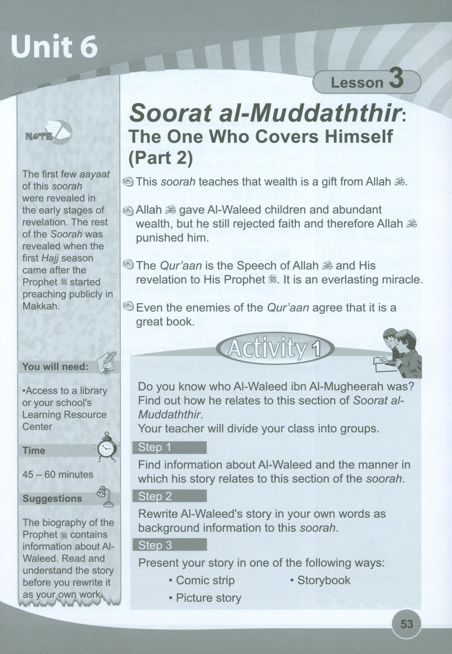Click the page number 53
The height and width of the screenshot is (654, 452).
point(407,624)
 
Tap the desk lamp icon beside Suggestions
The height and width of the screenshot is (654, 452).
point(105,496)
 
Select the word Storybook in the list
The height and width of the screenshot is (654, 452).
point(323,580)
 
